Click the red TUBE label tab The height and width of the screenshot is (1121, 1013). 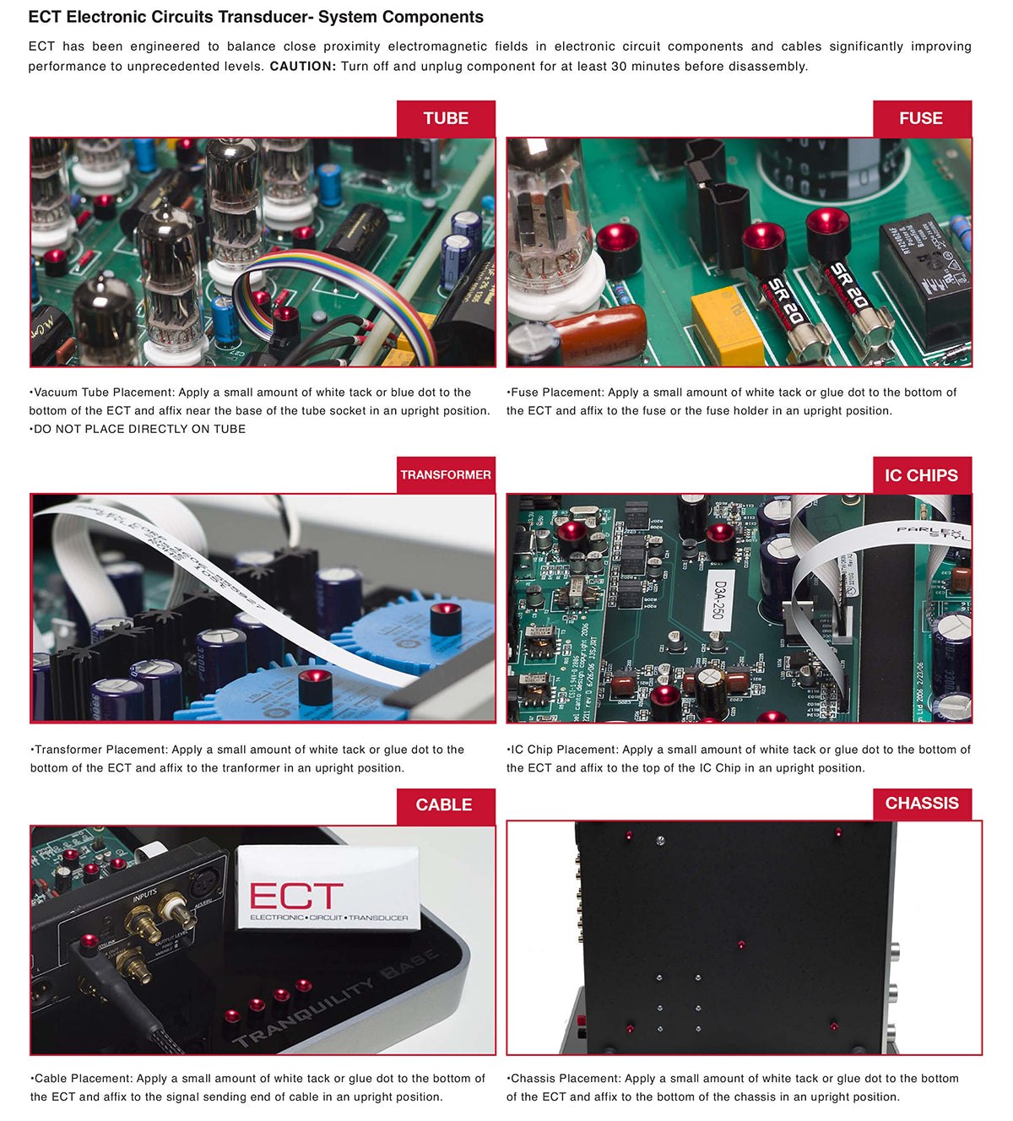[446, 118]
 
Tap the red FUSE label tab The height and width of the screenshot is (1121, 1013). [922, 118]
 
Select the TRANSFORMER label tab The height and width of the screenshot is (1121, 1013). [446, 474]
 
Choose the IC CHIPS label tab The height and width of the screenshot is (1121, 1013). [922, 475]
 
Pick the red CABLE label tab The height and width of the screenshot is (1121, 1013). [446, 805]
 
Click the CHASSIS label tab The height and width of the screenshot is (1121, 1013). [922, 804]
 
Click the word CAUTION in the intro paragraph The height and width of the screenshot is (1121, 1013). [303, 66]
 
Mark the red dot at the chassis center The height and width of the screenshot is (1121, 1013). [741, 945]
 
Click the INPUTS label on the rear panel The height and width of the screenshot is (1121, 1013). [145, 896]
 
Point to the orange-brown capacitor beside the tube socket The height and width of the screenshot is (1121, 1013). [601, 333]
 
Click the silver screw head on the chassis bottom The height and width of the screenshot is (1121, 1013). [660, 841]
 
